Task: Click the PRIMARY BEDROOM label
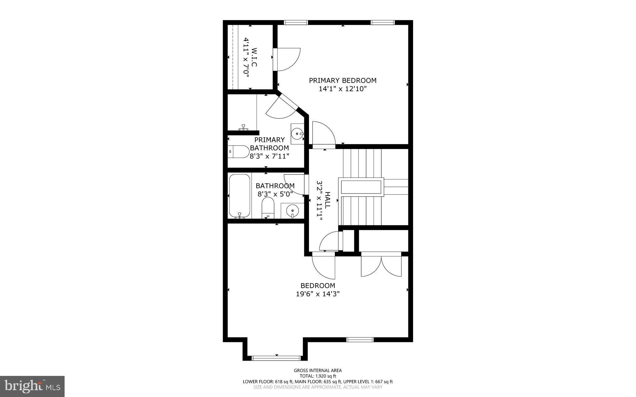click(343, 80)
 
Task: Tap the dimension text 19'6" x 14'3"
click(318, 294)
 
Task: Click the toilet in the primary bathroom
click(238, 151)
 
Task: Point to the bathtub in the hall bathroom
click(239, 196)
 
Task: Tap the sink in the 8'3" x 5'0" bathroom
click(292, 211)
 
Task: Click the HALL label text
click(327, 200)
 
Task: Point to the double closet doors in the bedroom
click(381, 264)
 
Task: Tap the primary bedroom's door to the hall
click(324, 134)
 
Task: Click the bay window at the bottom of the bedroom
click(276, 358)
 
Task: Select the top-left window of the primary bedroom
click(296, 22)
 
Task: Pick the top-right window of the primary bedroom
click(383, 22)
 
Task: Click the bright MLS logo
click(32, 386)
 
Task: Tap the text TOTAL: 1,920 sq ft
click(318, 376)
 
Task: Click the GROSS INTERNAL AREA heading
click(318, 370)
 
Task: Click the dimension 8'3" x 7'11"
click(270, 156)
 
